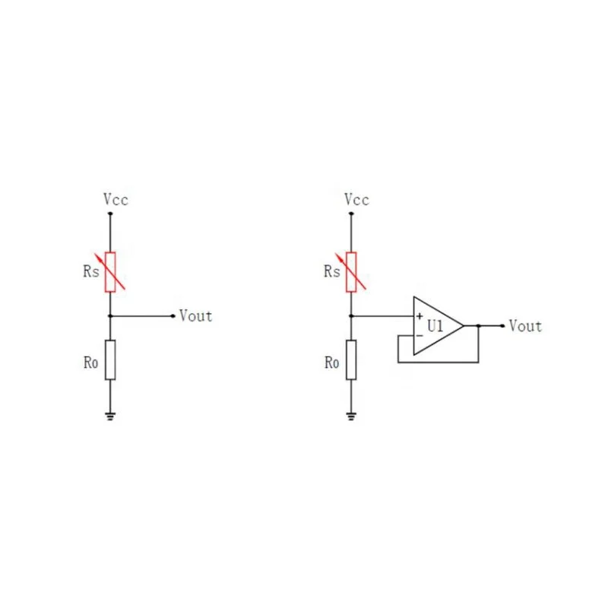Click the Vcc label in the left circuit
(x=116, y=200)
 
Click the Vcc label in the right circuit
(x=356, y=200)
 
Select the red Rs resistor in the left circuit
(x=111, y=271)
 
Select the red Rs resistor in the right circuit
(x=351, y=271)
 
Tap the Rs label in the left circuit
(x=90, y=271)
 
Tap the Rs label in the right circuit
(x=331, y=271)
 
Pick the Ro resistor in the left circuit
(x=111, y=360)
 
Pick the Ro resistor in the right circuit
(x=351, y=360)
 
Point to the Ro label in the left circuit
(x=90, y=363)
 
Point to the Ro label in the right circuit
(x=331, y=363)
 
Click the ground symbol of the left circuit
(x=111, y=416)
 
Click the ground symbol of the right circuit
(x=351, y=416)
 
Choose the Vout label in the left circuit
(x=195, y=315)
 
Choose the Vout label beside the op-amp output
(x=525, y=326)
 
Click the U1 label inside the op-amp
(x=435, y=326)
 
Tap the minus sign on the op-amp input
(x=419, y=335)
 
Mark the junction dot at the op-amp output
(x=478, y=325)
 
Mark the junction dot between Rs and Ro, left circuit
(x=111, y=315)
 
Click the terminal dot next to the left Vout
(x=174, y=315)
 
